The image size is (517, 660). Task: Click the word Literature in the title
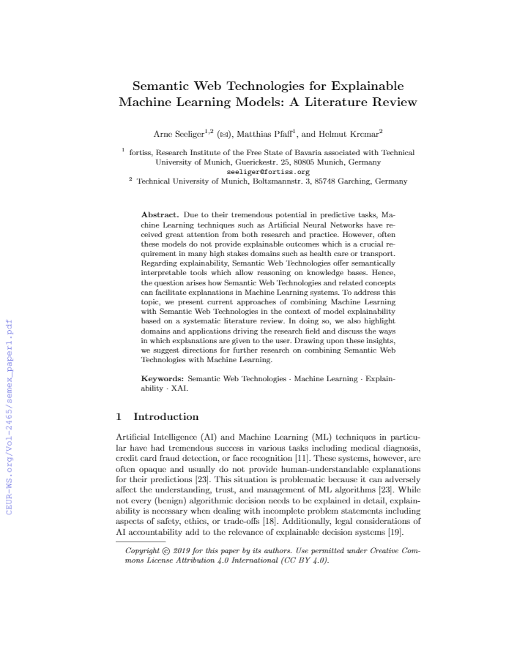(x=330, y=102)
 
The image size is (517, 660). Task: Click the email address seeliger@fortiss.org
(x=268, y=172)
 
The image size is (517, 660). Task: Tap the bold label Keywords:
(x=162, y=379)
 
